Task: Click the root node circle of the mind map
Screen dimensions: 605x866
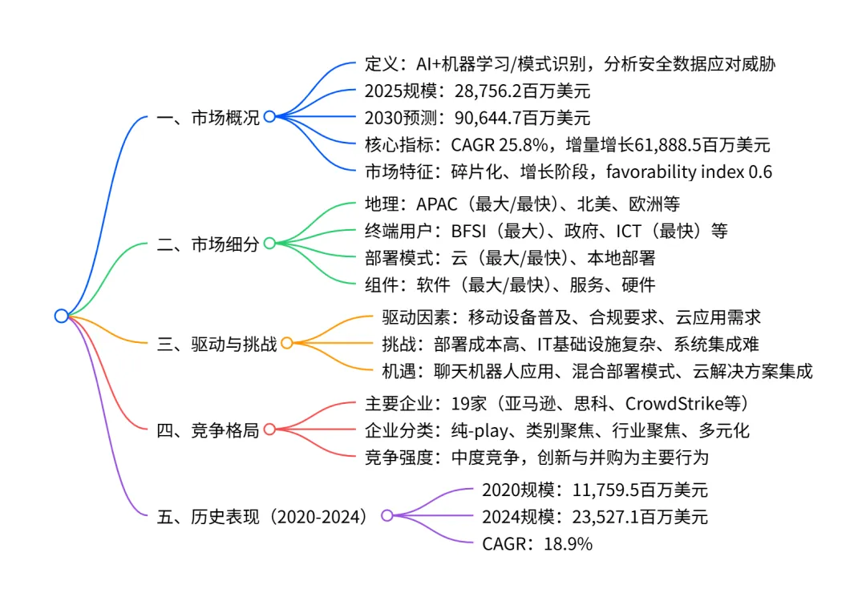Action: pyautogui.click(x=61, y=316)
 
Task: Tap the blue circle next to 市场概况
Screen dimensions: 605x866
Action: pyautogui.click(x=269, y=117)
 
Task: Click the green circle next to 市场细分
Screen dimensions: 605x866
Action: pyautogui.click(x=269, y=243)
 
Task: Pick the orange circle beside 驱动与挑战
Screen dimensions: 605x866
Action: pyautogui.click(x=287, y=344)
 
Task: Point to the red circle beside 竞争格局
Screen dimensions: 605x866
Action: pyautogui.click(x=269, y=430)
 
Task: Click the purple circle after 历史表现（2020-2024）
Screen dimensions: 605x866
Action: pyautogui.click(x=387, y=515)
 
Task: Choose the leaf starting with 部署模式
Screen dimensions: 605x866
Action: pyautogui.click(x=509, y=257)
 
